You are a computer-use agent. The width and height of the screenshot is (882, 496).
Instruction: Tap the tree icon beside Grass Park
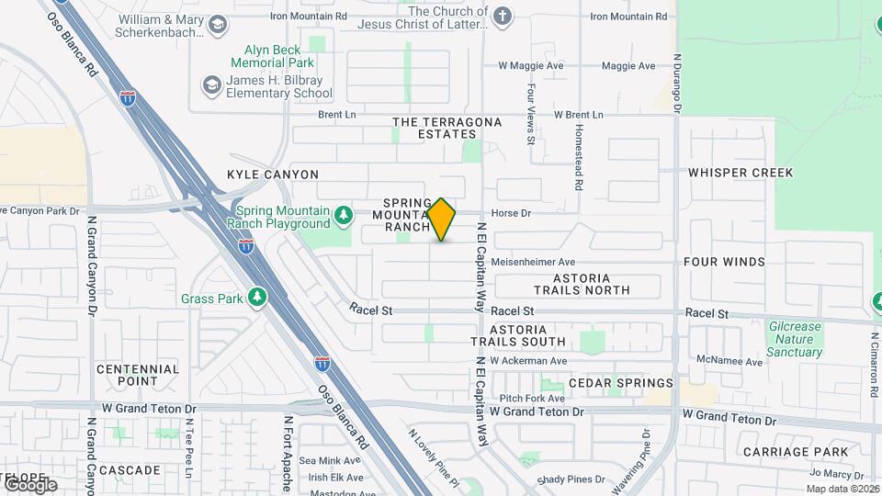(x=258, y=299)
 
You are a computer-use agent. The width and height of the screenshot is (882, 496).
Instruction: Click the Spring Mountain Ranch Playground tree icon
(x=344, y=215)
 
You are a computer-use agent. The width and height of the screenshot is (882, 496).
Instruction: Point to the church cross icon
(x=501, y=17)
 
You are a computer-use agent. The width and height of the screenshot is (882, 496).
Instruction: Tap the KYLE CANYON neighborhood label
(x=273, y=175)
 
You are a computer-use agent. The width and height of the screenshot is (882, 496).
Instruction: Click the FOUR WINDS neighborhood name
(x=724, y=262)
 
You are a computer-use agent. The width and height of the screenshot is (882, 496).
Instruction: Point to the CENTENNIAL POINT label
(x=137, y=375)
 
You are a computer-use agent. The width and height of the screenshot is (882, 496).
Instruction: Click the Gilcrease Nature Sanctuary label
(x=795, y=339)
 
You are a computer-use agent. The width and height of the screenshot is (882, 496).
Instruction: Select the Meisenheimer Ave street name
(x=533, y=262)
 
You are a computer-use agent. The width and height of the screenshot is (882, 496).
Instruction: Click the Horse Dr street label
(x=512, y=213)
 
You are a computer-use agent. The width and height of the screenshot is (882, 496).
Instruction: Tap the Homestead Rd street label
(x=579, y=159)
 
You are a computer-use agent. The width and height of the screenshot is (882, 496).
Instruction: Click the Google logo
(x=30, y=484)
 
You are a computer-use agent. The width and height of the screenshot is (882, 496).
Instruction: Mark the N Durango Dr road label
(x=677, y=83)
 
